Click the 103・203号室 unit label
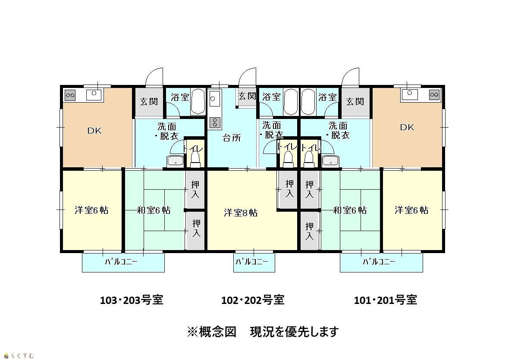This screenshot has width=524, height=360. pyautogui.click(x=132, y=300)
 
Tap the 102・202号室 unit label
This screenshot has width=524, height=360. pyautogui.click(x=253, y=300)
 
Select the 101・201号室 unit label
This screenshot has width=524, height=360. pyautogui.click(x=385, y=300)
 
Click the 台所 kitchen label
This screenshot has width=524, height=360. pyautogui.click(x=232, y=138)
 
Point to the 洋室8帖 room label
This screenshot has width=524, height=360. pyautogui.click(x=241, y=213)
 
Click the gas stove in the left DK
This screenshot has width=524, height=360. pyautogui.click(x=70, y=95)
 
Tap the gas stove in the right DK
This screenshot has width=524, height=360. pyautogui.click(x=434, y=95)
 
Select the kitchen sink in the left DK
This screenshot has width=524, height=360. pyautogui.click(x=94, y=95)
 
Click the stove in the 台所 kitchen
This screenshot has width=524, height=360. pyautogui.click(x=215, y=122)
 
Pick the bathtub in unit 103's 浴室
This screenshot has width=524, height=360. pyautogui.click(x=198, y=102)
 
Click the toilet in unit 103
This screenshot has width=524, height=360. pyautogui.click(x=195, y=159)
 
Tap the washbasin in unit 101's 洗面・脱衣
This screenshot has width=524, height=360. pyautogui.click(x=330, y=161)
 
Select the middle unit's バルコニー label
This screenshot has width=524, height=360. pyautogui.click(x=252, y=262)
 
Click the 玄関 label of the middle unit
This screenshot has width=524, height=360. pyautogui.click(x=247, y=96)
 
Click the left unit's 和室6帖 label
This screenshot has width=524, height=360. pyautogui.click(x=154, y=210)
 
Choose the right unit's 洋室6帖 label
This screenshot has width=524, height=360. pyautogui.click(x=411, y=210)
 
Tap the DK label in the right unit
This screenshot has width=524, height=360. pyautogui.click(x=407, y=128)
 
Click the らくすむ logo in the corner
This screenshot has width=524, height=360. pyautogui.click(x=19, y=356)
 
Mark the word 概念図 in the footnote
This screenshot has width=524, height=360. pyautogui.click(x=217, y=332)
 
